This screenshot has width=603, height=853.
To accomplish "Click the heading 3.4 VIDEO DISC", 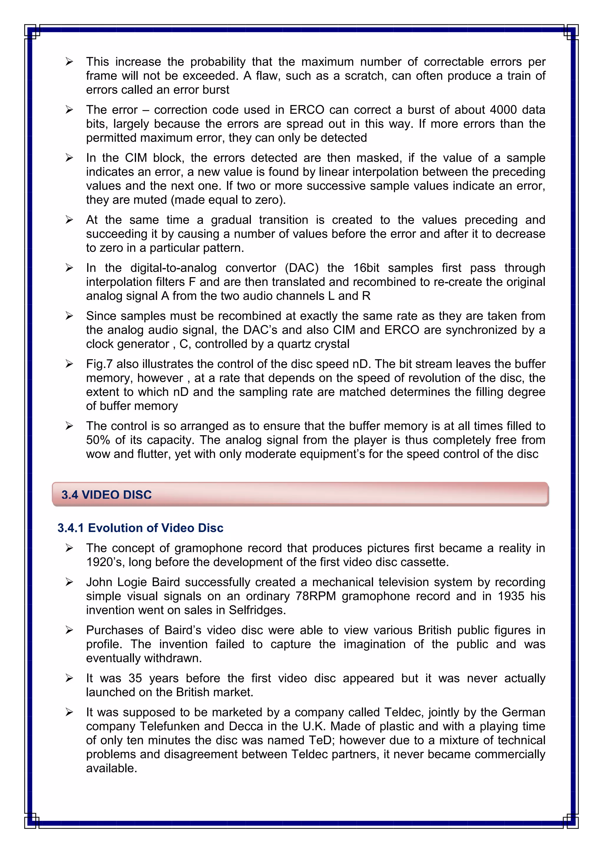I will pos(107,495).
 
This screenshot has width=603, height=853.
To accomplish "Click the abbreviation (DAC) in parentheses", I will pos(301,267).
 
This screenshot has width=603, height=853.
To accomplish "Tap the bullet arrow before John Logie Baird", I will pos(69,582).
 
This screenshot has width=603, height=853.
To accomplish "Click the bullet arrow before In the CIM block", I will pos(69,158).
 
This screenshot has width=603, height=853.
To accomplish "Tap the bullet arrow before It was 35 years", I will pos(69,678).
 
